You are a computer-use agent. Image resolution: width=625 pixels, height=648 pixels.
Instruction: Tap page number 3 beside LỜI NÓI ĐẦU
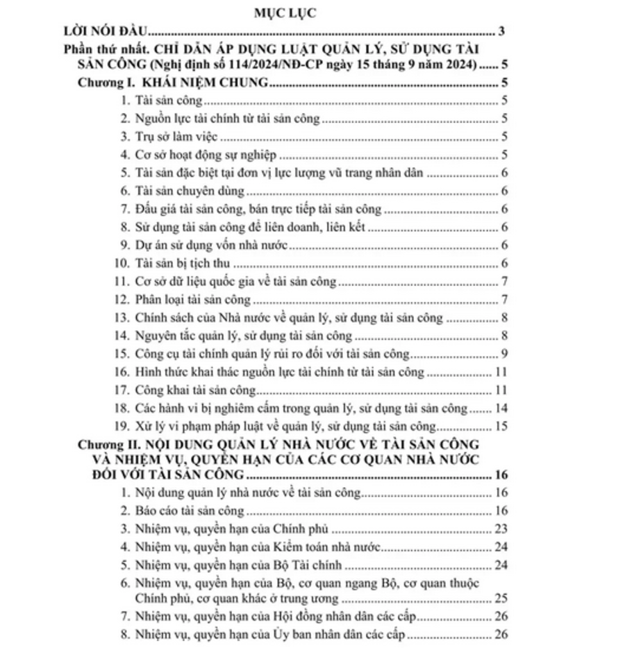point(501,31)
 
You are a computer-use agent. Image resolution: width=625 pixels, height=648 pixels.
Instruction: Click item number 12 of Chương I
point(123,300)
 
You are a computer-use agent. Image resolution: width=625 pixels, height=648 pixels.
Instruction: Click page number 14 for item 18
point(501,408)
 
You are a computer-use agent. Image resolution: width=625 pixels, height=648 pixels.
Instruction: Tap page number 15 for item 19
point(501,426)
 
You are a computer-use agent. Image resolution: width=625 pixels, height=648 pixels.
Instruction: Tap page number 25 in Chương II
point(501,598)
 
